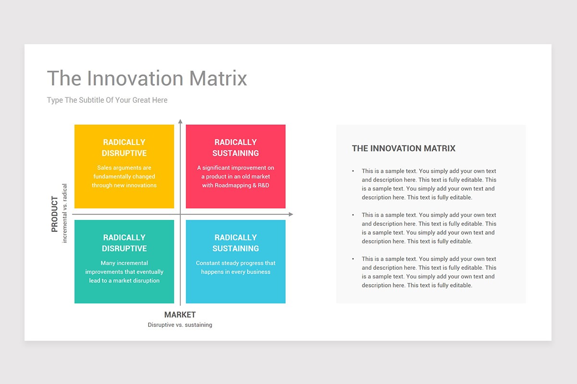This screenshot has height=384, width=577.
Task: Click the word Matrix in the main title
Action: coord(218,78)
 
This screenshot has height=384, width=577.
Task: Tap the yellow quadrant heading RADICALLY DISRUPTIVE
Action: coord(124,148)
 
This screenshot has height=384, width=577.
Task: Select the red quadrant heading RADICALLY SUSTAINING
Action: coord(236,148)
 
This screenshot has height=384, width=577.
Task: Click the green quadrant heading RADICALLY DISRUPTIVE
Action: coord(124,243)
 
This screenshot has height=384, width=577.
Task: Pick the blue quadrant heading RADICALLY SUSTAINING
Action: coord(236,243)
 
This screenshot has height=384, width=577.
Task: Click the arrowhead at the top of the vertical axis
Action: coord(180,121)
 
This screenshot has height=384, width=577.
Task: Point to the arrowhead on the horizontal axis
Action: coord(291,214)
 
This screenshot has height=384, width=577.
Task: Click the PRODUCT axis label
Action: coord(55,214)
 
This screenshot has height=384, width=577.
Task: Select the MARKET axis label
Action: coord(180,314)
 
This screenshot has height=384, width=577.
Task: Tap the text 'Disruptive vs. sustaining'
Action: coord(180,325)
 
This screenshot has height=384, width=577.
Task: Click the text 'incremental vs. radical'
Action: coord(64,213)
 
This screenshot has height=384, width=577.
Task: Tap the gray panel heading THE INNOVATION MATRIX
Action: coord(403,148)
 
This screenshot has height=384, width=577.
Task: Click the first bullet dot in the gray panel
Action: coord(353,171)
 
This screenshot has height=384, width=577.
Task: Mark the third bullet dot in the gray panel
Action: coord(353,259)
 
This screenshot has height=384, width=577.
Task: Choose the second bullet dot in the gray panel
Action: coord(353,215)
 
